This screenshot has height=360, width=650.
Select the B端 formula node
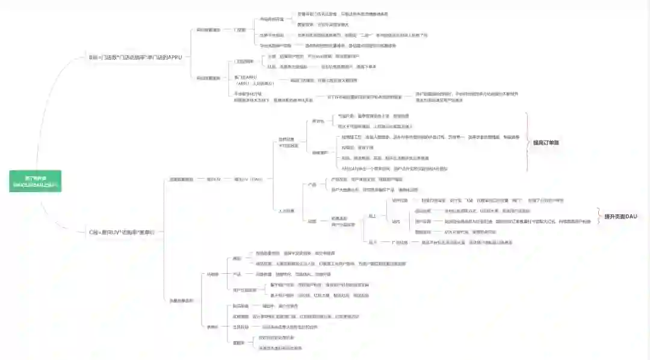[135, 57]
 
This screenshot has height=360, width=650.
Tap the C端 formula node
[125, 232]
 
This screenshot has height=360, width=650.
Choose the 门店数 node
[240, 29]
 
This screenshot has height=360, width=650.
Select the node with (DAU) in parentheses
[248, 179]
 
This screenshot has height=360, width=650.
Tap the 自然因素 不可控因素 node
[288, 143]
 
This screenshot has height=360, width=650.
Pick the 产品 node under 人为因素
[312, 185]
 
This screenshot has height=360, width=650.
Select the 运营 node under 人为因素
[312, 222]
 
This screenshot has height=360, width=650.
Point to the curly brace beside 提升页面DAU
[598, 216]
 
